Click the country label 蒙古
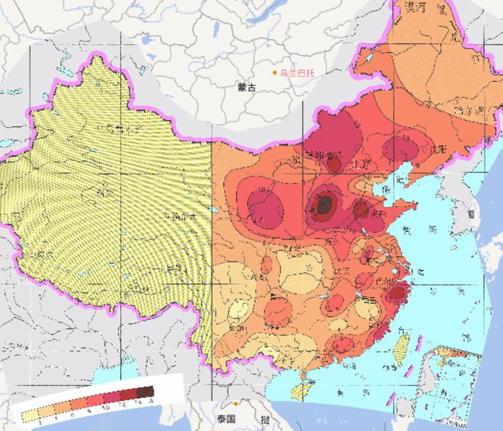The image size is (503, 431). click(x=247, y=86)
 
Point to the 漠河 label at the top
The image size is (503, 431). click(x=417, y=8)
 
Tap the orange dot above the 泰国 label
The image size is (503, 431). click(x=234, y=404)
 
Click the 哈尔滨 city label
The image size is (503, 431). click(x=468, y=109)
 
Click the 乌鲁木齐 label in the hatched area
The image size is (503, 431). click(x=118, y=128)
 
